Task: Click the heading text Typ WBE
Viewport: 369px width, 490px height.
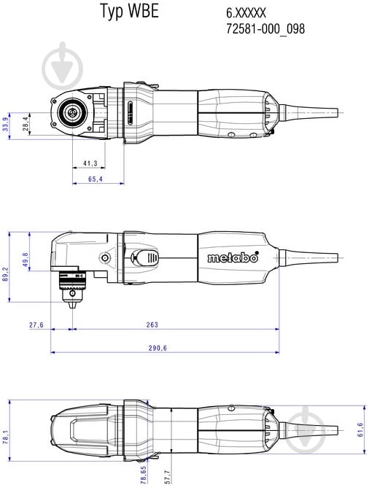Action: click(128, 12)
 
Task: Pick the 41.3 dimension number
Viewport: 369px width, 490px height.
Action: click(90, 163)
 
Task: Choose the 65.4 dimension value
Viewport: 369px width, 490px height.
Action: click(95, 179)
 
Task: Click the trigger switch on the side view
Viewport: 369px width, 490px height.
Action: click(147, 258)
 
